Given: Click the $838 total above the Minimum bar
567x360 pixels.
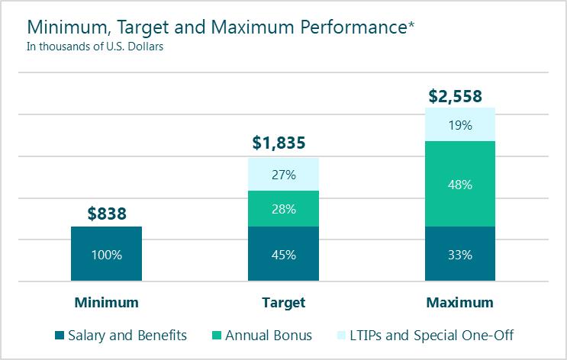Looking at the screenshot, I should [106, 214].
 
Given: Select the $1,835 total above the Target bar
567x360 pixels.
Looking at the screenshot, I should [283, 143].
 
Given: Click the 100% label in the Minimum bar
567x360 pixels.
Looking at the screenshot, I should [106, 255].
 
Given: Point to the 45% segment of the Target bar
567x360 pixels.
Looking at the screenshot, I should [283, 255].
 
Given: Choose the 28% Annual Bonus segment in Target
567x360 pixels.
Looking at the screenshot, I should [283, 209].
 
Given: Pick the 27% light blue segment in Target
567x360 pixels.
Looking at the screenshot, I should [283, 174].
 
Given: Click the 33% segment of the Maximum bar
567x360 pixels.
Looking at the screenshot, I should [460, 255].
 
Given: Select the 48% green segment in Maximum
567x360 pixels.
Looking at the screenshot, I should [460, 184].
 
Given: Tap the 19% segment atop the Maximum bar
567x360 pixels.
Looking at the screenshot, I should [460, 124].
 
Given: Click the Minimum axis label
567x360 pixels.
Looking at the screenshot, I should [106, 303].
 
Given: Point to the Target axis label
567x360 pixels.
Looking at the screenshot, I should [283, 303].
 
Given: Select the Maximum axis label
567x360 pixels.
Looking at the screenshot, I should [460, 303].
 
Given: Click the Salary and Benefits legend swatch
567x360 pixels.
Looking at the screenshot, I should [60, 336].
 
